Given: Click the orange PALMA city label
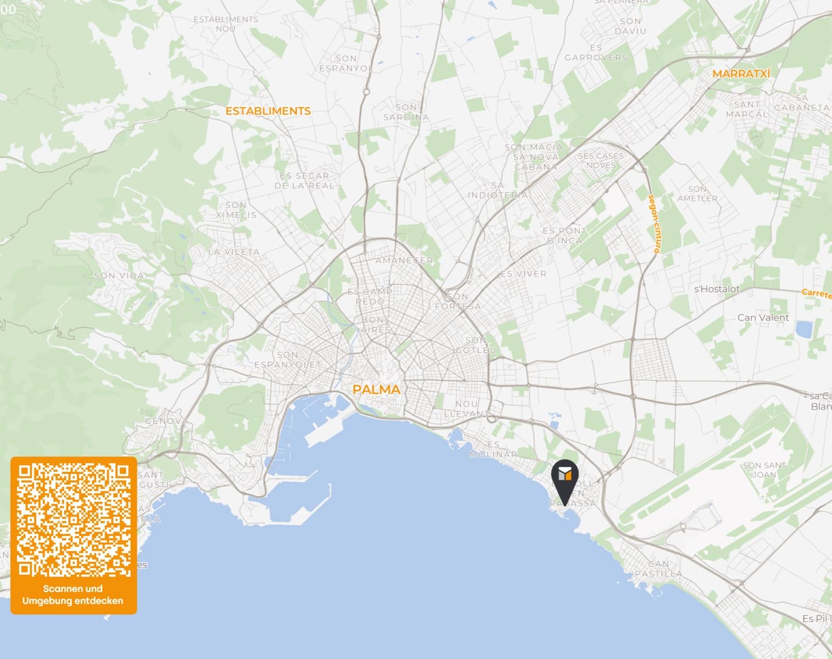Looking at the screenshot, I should click(x=376, y=390).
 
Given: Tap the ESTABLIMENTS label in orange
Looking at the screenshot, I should click(x=268, y=111).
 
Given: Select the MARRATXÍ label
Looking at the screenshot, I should click(x=741, y=74).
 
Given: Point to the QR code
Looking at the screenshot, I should click(x=74, y=520).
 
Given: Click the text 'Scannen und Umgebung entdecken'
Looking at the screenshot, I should click(x=73, y=595).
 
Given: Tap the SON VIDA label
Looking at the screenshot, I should click(x=119, y=276).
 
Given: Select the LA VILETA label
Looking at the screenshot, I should click(x=234, y=252).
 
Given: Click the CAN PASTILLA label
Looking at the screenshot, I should click(x=658, y=569).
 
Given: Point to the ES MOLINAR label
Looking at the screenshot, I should click(x=493, y=449).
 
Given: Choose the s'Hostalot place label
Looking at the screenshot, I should click(x=717, y=289).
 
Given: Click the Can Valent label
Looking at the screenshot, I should click(x=763, y=317).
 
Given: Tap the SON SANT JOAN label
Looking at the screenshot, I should click(x=764, y=470).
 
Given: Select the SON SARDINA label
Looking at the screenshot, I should click(x=406, y=112).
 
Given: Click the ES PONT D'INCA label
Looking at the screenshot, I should click(x=564, y=235).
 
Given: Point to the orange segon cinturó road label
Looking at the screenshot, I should click(x=654, y=224).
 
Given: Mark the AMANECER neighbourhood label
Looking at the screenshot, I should click(x=404, y=260).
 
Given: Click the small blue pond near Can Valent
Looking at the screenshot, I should click(x=804, y=329).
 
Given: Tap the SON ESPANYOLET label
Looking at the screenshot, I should click(x=287, y=360).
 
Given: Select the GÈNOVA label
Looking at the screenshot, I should click(x=166, y=421).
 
